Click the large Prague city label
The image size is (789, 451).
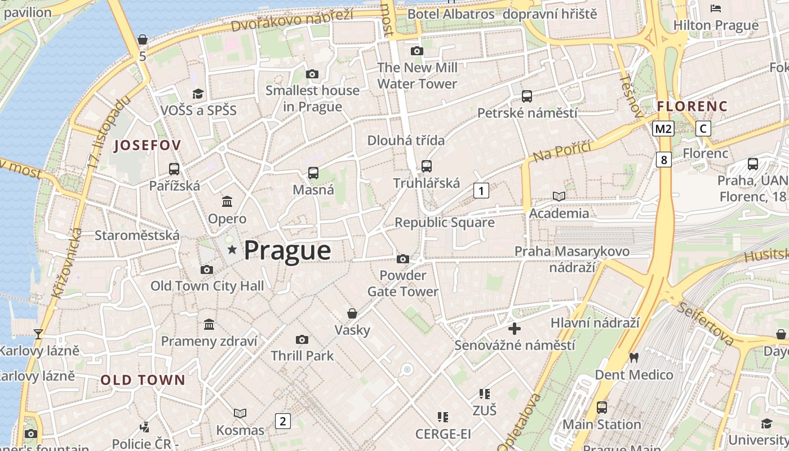click(287, 250)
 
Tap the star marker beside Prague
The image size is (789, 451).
click(232, 249)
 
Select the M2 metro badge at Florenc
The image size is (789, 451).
click(663, 129)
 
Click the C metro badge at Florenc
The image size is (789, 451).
click(703, 129)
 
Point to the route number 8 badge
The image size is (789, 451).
click(664, 160)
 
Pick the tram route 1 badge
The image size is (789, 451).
click(481, 191)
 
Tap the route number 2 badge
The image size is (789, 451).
click(283, 421)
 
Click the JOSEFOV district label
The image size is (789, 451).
click(148, 145)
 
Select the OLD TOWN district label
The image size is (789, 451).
click(143, 380)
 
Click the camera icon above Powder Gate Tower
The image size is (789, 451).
click(402, 259)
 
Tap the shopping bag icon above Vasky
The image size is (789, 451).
click(352, 313)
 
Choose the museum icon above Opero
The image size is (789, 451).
click(227, 201)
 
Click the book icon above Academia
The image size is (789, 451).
click(558, 196)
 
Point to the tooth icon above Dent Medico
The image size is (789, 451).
click(633, 357)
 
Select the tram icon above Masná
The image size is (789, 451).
click(313, 173)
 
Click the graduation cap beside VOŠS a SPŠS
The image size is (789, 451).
click(198, 94)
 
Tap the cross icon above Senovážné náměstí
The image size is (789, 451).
click(515, 328)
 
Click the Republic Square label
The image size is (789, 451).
click(444, 222)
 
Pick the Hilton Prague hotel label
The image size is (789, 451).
click(716, 25)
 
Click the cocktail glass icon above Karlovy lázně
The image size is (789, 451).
click(38, 334)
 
